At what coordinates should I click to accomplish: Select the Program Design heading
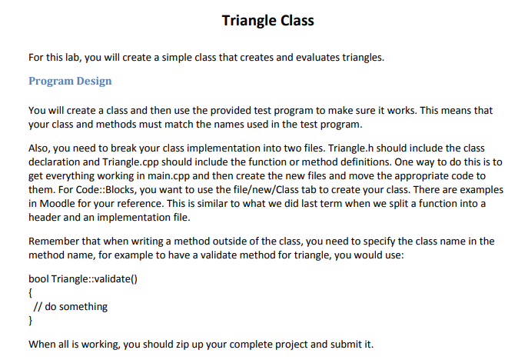tap(70, 81)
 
